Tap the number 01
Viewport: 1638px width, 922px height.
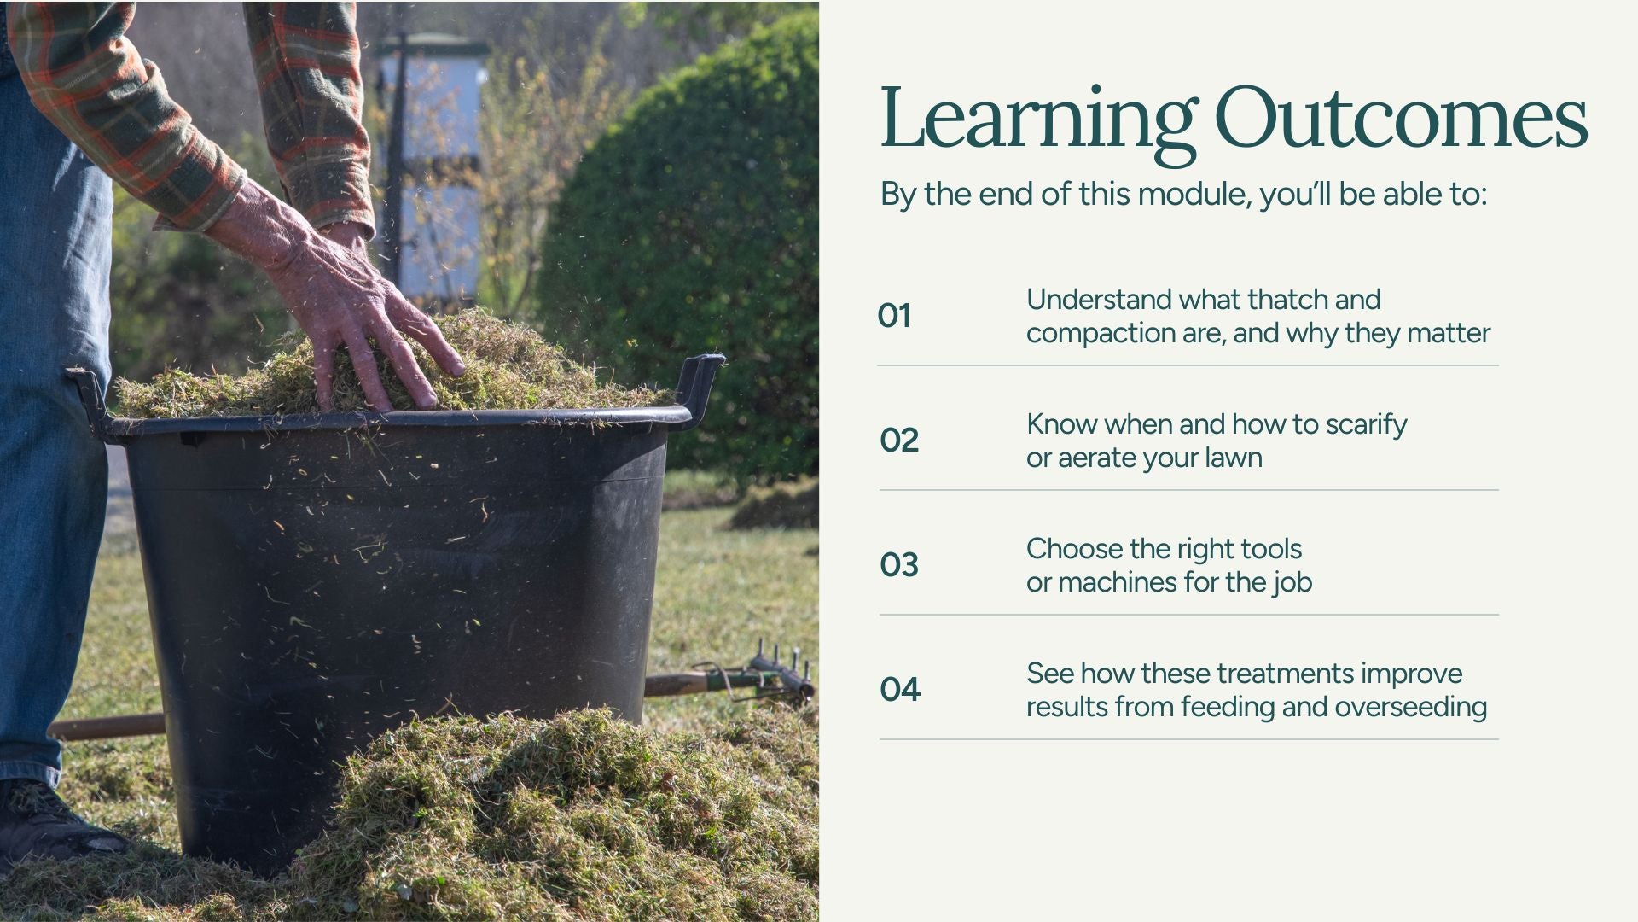click(x=894, y=316)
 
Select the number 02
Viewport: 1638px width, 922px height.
click(x=899, y=441)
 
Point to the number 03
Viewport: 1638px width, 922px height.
click(x=899, y=565)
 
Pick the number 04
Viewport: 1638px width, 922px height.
click(x=900, y=690)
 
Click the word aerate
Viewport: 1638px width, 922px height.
click(x=1097, y=458)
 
